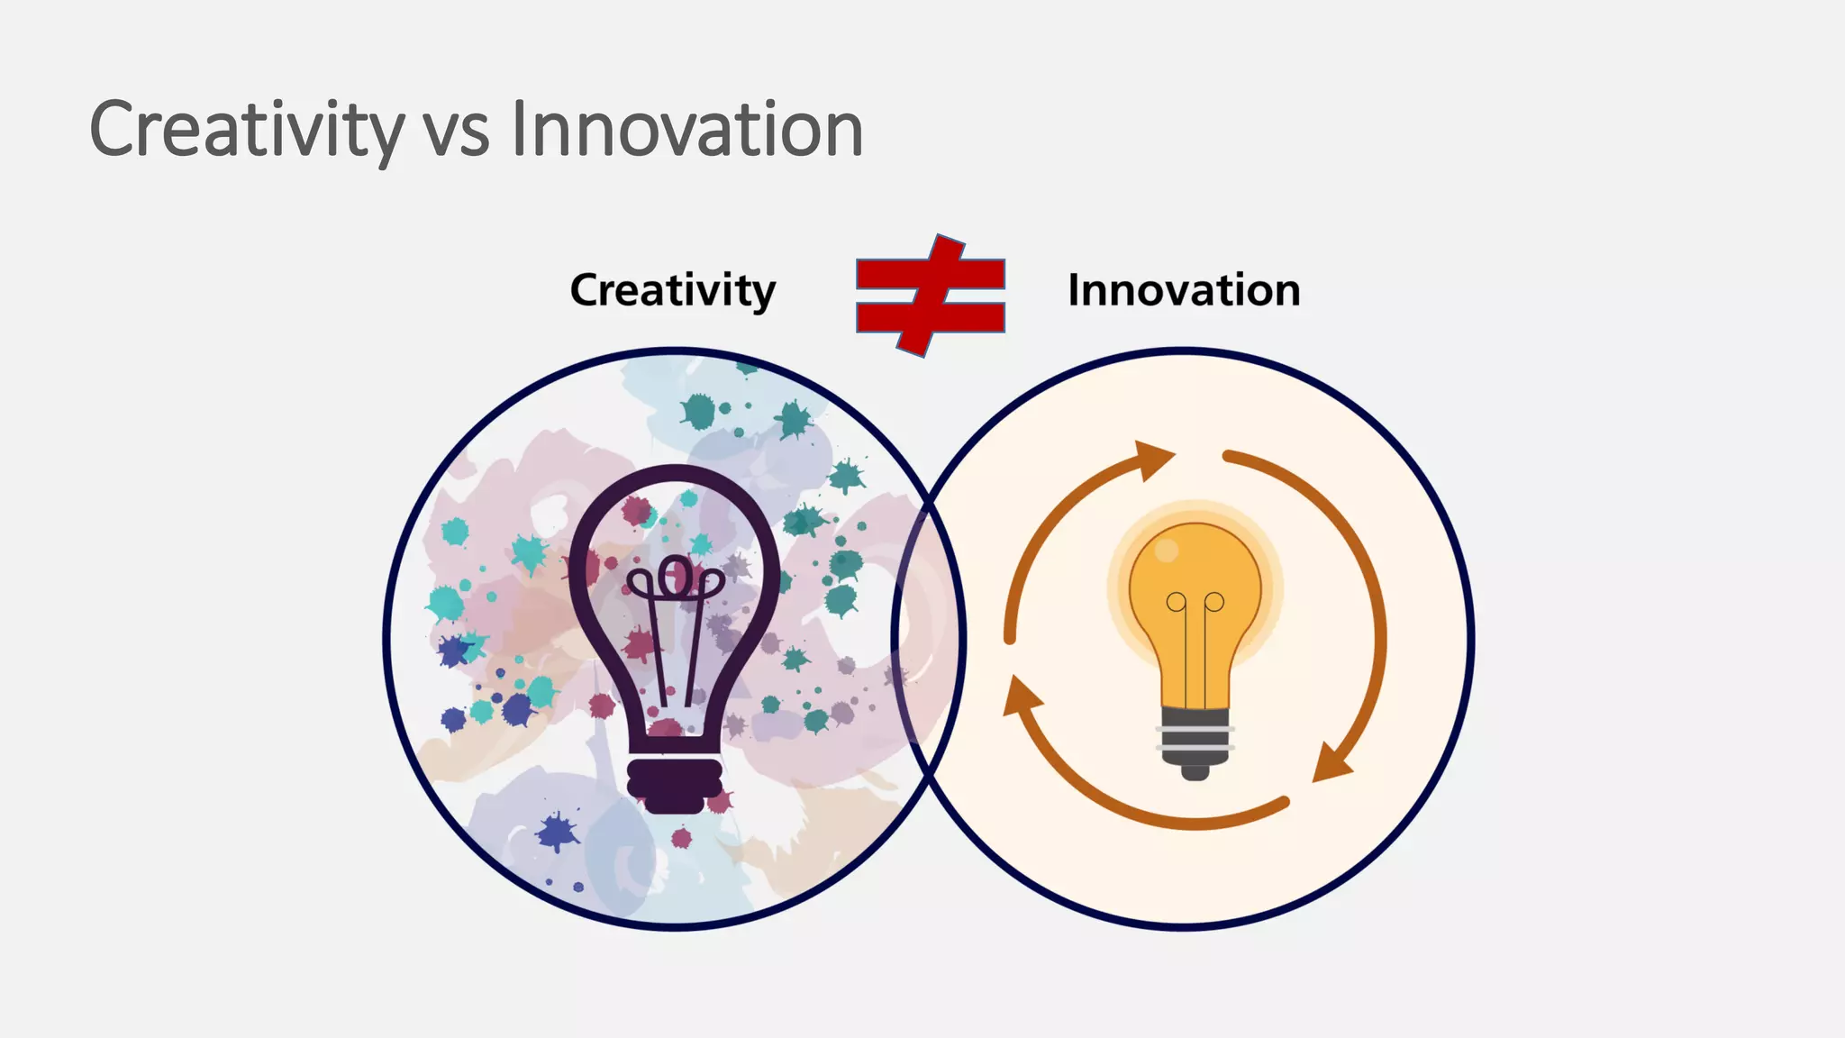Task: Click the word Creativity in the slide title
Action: tap(246, 131)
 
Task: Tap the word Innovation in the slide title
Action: tap(686, 131)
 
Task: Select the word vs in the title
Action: tap(456, 135)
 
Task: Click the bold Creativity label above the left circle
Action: tap(672, 290)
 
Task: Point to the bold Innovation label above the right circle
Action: tap(1183, 290)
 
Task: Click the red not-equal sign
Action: tap(930, 296)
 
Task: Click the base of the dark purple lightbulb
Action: tap(675, 784)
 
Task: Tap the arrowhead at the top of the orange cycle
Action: tap(1153, 459)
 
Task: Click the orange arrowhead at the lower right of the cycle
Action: tap(1332, 762)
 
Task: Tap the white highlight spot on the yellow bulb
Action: tap(1166, 550)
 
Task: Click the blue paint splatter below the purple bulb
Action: tap(558, 831)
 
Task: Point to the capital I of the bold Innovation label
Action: tap(1074, 290)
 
